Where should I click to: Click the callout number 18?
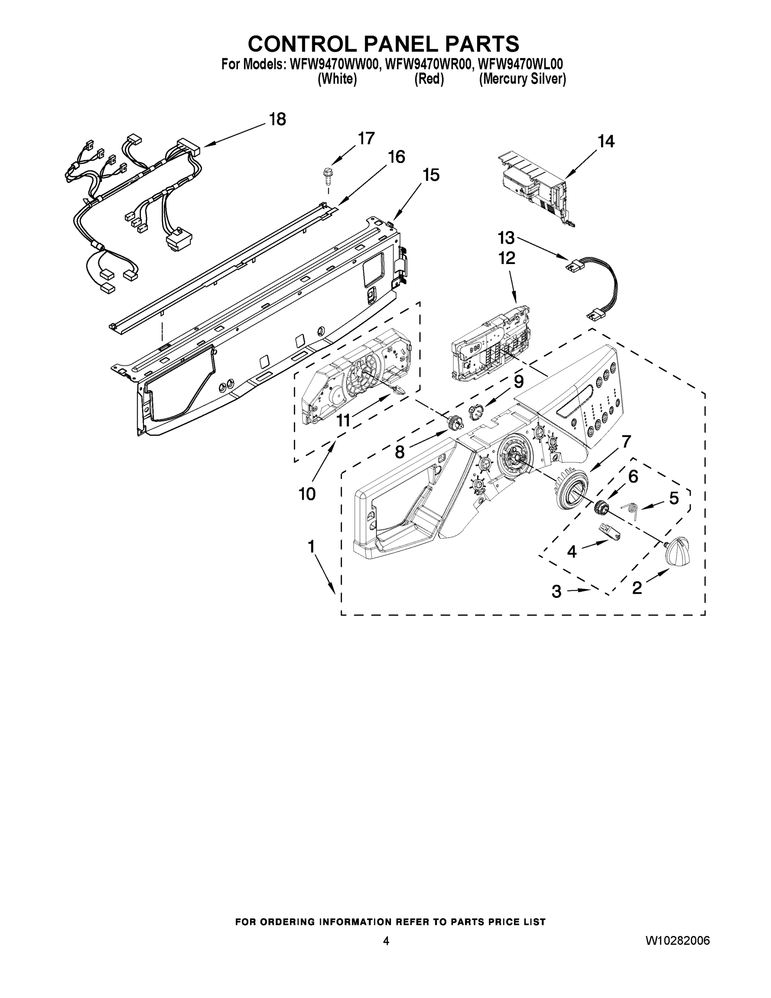point(277,119)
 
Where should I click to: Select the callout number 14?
point(606,142)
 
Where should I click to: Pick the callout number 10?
point(307,494)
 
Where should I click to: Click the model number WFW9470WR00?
point(428,64)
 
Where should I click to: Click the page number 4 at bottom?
point(386,941)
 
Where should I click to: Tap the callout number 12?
point(507,258)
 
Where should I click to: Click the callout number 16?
point(396,157)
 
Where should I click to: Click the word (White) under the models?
point(337,79)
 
